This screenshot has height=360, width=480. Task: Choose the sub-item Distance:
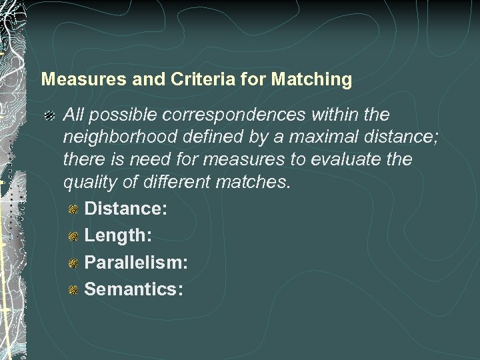click(126, 209)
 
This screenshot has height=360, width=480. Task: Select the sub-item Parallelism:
click(136, 262)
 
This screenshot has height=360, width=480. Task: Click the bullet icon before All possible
click(50, 116)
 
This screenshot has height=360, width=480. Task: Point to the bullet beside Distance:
click(74, 209)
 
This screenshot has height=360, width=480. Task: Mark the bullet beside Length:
click(74, 236)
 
